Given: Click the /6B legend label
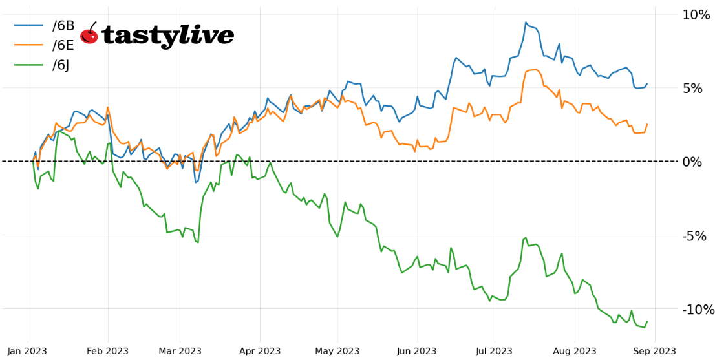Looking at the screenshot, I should [x=63, y=26].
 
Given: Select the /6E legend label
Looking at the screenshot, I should [x=63, y=46].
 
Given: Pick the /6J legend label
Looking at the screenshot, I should [x=63, y=65].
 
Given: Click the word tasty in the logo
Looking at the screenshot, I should [x=138, y=36].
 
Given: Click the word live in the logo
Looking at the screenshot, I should [x=206, y=35].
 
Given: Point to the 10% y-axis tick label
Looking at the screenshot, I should [x=696, y=15].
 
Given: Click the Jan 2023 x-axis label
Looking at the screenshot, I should [x=28, y=351].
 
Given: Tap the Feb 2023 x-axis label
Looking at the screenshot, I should [x=107, y=351].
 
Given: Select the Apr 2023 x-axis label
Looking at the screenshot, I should [x=259, y=351].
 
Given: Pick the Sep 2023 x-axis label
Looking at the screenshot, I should [x=655, y=351].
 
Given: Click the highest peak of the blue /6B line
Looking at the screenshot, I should [x=526, y=23].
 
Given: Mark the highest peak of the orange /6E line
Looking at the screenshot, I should [x=535, y=69].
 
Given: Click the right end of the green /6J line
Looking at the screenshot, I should [x=646, y=321].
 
